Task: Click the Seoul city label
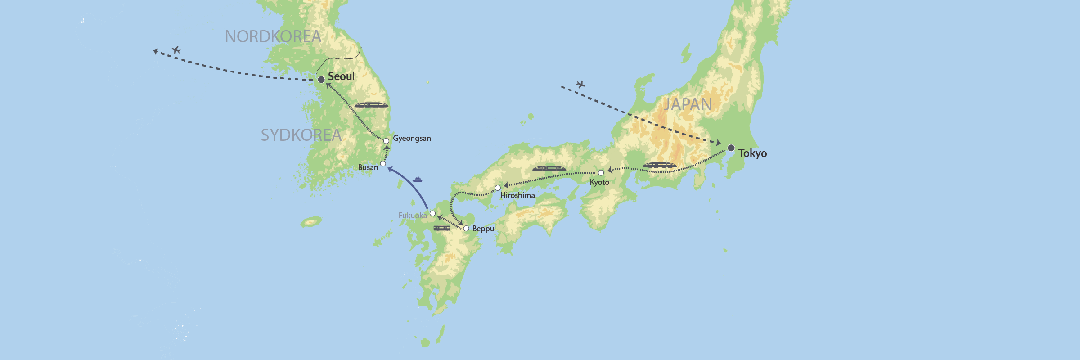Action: (341, 76)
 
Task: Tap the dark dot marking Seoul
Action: (321, 80)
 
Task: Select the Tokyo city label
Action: (752, 153)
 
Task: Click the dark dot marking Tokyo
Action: (731, 148)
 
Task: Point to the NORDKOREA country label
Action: (273, 37)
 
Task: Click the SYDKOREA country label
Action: (301, 135)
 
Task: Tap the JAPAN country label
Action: (688, 105)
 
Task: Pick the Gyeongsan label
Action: (412, 138)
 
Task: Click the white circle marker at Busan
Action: (383, 164)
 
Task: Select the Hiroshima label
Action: (517, 195)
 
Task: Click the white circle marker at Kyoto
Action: (601, 173)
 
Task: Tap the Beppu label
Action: (483, 229)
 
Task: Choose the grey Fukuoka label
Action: (413, 216)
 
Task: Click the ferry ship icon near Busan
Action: (418, 180)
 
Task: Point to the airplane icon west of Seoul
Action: (176, 50)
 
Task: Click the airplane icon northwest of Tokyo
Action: (580, 84)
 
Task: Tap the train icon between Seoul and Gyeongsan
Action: (371, 105)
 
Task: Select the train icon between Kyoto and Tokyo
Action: (660, 165)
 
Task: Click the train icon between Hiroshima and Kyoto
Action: (549, 169)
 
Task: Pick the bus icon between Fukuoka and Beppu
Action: (442, 229)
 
